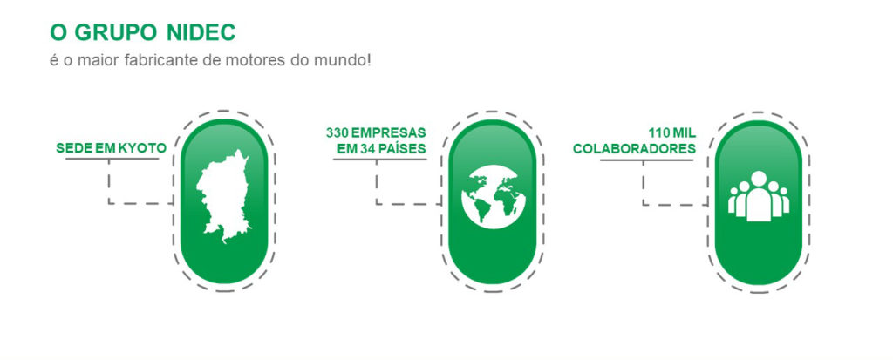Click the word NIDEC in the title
[201, 33]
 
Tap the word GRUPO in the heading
[116, 33]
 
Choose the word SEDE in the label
[69, 149]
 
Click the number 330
[337, 133]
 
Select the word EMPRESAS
[388, 133]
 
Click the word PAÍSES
[402, 149]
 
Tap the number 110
[658, 133]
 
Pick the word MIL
[684, 133]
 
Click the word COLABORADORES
[635, 149]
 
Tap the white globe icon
[494, 197]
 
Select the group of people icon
[759, 196]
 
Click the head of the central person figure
[759, 179]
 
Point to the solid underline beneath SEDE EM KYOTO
[112, 159]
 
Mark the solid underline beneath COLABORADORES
[647, 160]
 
